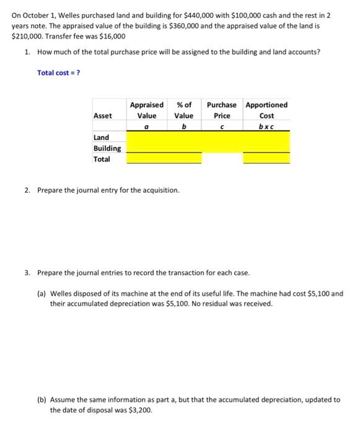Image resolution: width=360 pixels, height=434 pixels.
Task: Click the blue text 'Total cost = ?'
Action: point(58,73)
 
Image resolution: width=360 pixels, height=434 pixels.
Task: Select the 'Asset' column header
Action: point(103,116)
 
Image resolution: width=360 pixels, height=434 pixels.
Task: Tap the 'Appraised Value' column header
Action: point(147,110)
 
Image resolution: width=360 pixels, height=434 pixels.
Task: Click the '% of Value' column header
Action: point(183,110)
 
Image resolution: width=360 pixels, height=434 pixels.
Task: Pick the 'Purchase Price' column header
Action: point(221,110)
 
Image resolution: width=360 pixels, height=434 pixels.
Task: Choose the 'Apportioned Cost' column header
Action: point(266,110)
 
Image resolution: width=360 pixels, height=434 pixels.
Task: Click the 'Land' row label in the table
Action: point(101,138)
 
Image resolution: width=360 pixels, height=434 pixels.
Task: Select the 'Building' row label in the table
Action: point(107,148)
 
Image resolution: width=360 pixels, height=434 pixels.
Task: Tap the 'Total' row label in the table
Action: point(102,159)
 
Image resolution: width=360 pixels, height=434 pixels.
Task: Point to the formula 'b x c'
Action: point(266,126)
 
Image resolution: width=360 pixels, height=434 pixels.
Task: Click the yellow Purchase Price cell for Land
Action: point(222,138)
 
